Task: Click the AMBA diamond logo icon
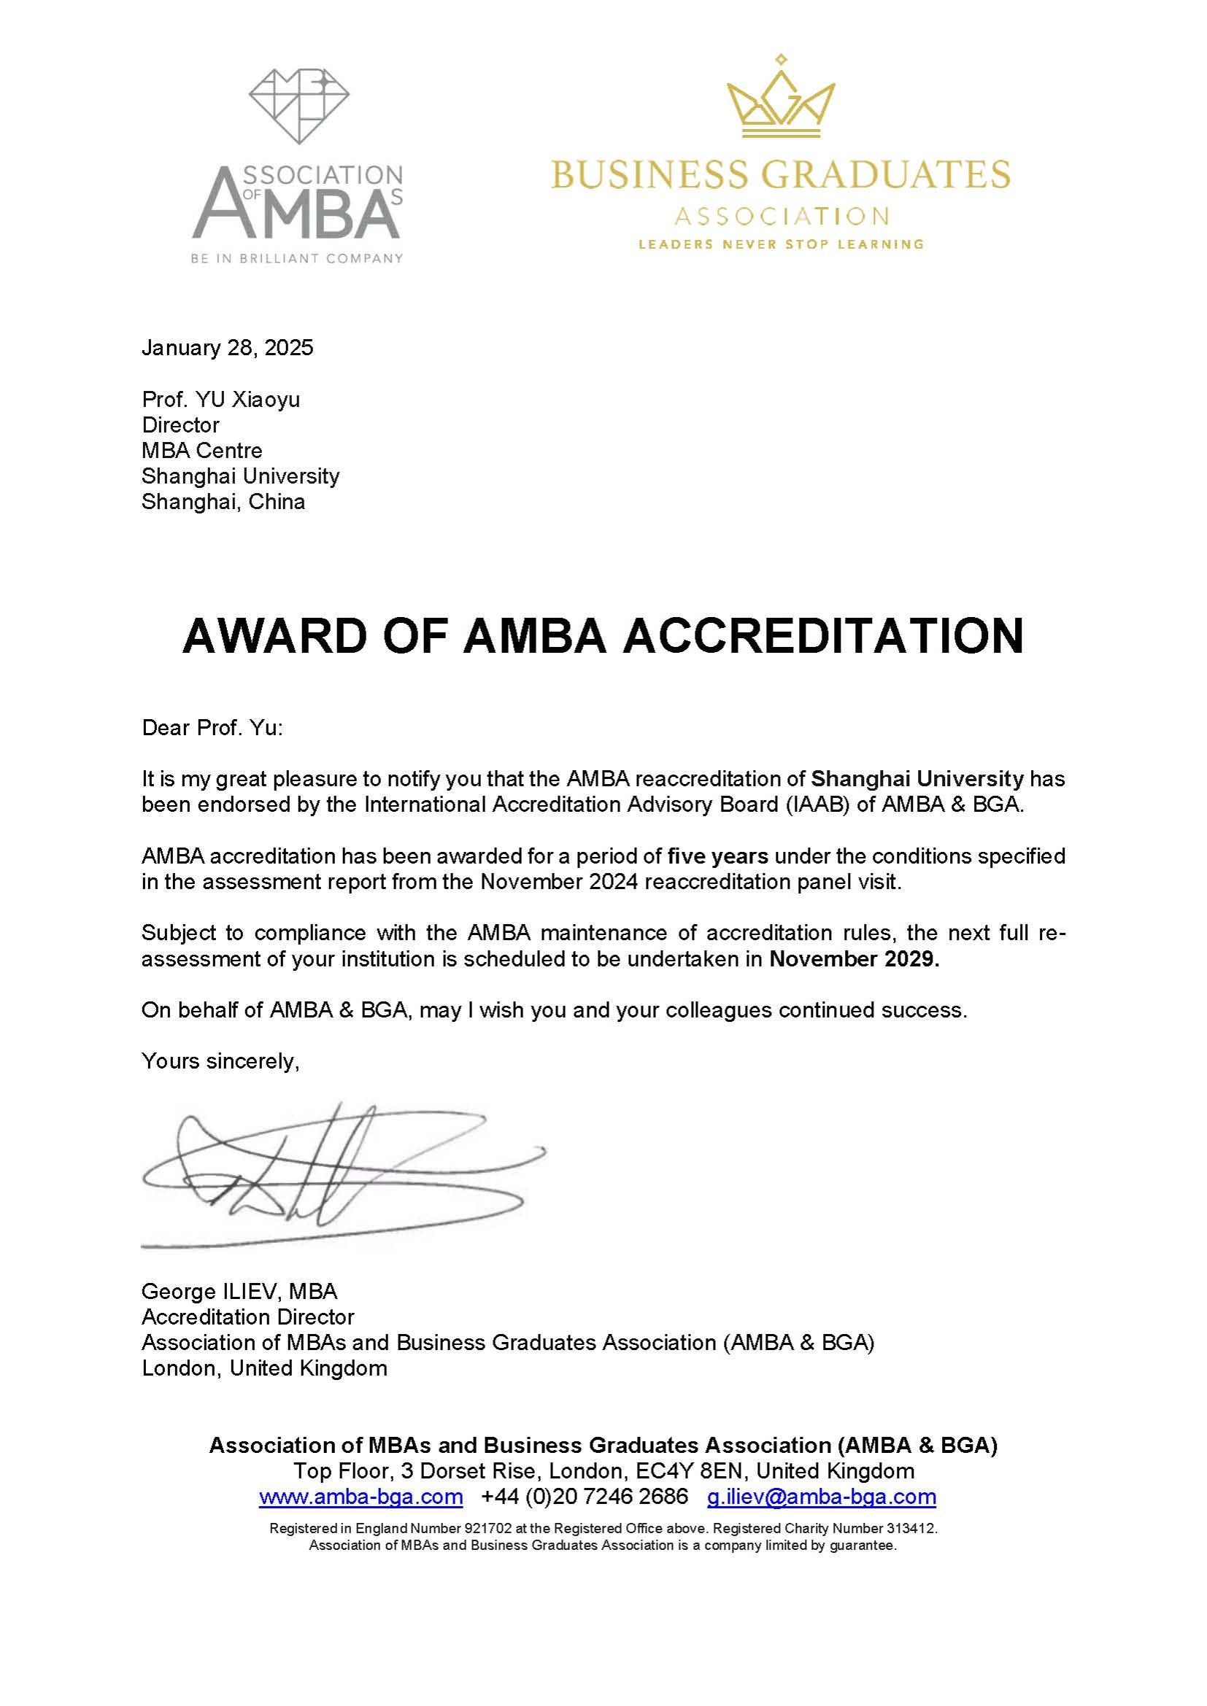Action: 298,106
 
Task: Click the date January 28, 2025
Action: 228,348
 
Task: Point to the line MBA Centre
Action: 201,450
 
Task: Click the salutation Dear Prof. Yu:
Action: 212,727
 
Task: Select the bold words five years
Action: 717,856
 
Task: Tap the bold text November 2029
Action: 854,958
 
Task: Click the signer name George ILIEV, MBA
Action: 239,1292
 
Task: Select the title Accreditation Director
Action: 247,1317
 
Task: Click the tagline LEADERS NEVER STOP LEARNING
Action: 780,244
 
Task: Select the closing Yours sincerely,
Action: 220,1061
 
